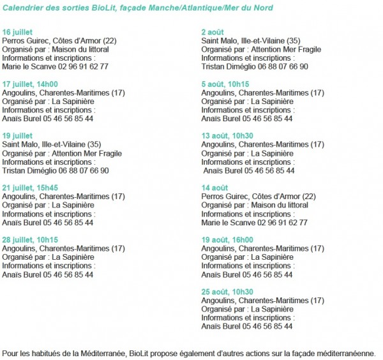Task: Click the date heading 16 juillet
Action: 18,31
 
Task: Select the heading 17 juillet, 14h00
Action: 30,84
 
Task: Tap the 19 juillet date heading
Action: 18,135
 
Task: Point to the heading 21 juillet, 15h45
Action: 30,188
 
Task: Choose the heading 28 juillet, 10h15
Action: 30,240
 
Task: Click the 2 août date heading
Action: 213,31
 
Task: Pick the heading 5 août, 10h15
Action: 225,84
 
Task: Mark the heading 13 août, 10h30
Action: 227,135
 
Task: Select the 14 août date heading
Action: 215,188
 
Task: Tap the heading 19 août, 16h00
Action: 227,240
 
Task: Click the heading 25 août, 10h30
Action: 227,292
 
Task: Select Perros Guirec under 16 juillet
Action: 25,40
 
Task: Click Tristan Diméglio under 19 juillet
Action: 28,170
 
